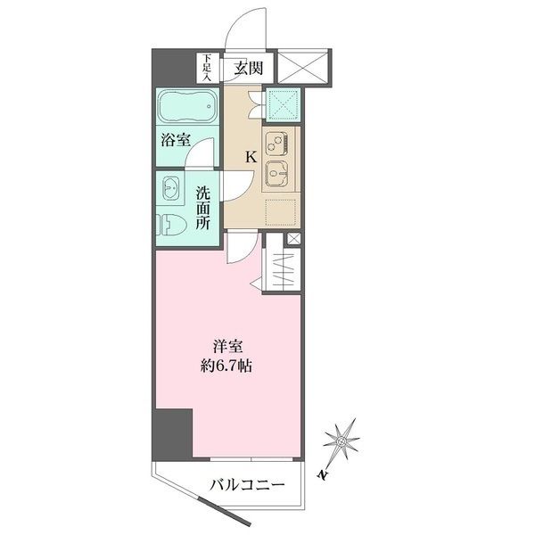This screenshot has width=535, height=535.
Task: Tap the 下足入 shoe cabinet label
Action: [x=207, y=69]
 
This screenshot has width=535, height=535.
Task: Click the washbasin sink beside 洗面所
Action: [x=169, y=188]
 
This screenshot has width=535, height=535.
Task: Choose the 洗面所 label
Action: [x=203, y=208]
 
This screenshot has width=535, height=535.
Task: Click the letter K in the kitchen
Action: [x=251, y=157]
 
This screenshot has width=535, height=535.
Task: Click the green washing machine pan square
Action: [x=284, y=105]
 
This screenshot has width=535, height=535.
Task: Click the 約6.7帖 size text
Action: [x=227, y=366]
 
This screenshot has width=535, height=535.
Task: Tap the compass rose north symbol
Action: [x=342, y=441]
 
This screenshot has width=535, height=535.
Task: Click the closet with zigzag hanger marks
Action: [x=282, y=270]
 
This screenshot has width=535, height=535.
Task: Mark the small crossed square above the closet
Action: [x=293, y=239]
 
